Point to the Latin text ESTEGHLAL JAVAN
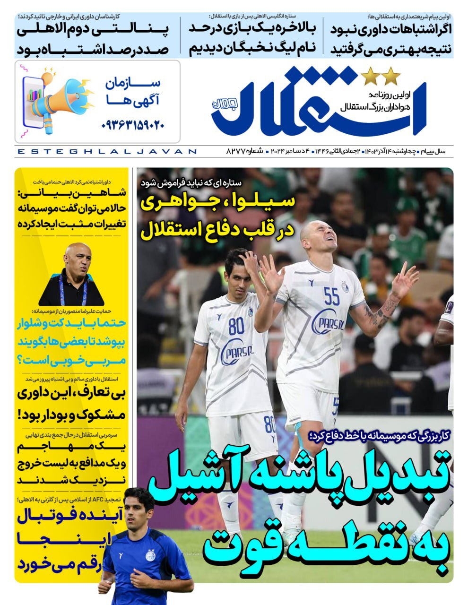(106, 151)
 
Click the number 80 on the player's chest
(236, 326)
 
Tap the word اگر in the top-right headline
(442, 28)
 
